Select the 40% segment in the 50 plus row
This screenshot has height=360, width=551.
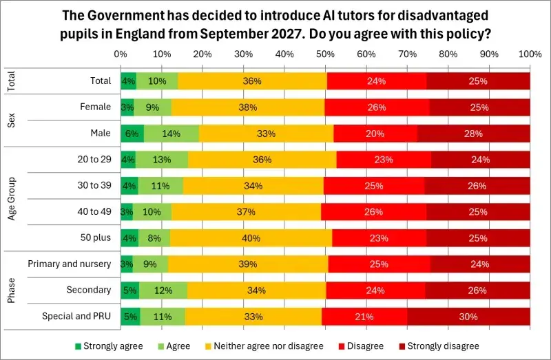[x=251, y=238]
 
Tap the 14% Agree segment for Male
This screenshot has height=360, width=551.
[x=171, y=134]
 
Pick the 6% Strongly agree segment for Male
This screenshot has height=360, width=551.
[x=132, y=134]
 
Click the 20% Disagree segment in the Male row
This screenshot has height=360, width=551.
[x=375, y=134]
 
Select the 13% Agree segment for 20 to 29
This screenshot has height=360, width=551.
[x=162, y=160]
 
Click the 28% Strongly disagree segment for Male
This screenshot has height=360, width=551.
[x=474, y=134]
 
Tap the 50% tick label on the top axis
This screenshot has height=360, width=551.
[x=326, y=54]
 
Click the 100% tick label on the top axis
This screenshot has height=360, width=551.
[x=530, y=54]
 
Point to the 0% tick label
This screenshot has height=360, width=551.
[x=121, y=54]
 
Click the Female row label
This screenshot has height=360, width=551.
[x=96, y=107]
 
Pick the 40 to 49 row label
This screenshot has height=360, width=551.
[x=92, y=212]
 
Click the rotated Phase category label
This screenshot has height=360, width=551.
[x=12, y=290]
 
